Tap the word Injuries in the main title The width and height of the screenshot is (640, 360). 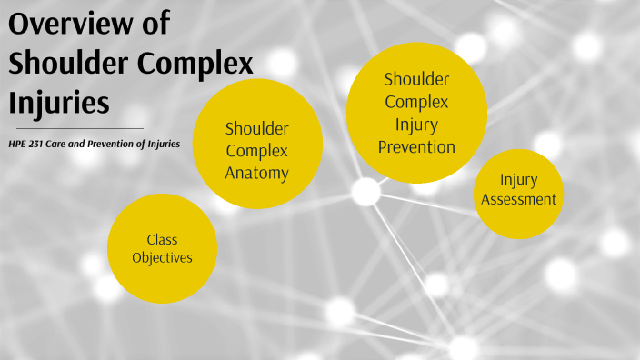[59, 101]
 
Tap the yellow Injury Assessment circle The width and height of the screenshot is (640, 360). [518, 193]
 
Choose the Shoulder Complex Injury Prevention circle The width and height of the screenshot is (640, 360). [416, 113]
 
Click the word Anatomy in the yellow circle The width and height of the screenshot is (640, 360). [257, 172]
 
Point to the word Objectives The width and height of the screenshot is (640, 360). [162, 258]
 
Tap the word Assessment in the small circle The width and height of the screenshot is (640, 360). [518, 199]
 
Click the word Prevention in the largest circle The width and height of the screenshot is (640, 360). [416, 145]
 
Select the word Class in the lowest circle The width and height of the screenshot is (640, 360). [162, 239]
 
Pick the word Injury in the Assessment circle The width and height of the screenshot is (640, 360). [518, 181]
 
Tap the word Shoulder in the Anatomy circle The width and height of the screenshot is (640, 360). [257, 129]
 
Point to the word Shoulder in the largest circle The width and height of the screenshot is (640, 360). [416, 80]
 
